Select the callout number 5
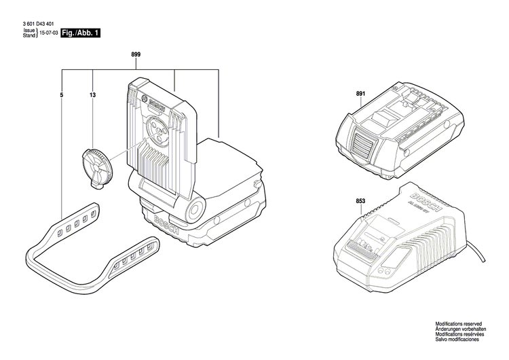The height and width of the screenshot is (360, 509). pyautogui.click(x=62, y=96)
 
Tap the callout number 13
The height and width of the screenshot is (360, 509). pyautogui.click(x=92, y=96)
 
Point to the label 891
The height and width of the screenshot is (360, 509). pyautogui.click(x=360, y=96)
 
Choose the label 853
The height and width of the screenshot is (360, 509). pyautogui.click(x=360, y=200)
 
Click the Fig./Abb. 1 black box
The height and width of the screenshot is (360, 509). pyautogui.click(x=80, y=33)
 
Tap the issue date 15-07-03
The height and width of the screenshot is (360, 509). pyautogui.click(x=48, y=33)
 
